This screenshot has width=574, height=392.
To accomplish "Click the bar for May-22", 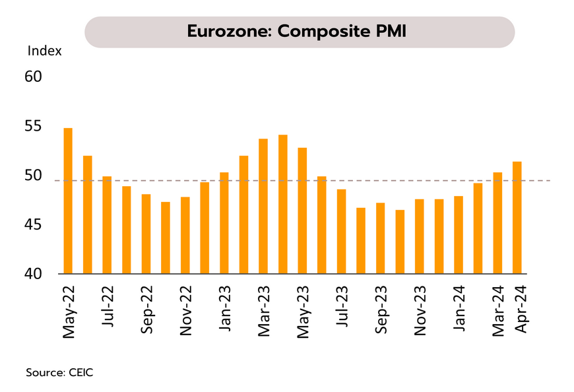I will (67, 201).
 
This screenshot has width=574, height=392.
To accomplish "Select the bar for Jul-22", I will (107, 225).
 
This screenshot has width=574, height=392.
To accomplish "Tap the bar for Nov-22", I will (185, 235).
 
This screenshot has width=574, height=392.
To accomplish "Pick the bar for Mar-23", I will (263, 206).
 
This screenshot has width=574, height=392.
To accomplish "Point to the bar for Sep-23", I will (380, 238).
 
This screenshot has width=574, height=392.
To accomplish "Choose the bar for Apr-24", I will (517, 218).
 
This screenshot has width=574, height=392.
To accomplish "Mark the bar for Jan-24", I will (459, 235).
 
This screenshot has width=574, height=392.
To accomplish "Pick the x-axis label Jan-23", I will (224, 310).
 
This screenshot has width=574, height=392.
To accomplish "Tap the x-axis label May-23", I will (303, 311).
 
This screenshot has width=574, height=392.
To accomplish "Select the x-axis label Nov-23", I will (420, 311).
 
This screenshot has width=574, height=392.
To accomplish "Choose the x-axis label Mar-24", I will (498, 311).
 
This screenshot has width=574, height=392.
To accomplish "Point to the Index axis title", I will (44, 51).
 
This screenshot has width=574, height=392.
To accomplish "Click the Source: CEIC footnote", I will (59, 373).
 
